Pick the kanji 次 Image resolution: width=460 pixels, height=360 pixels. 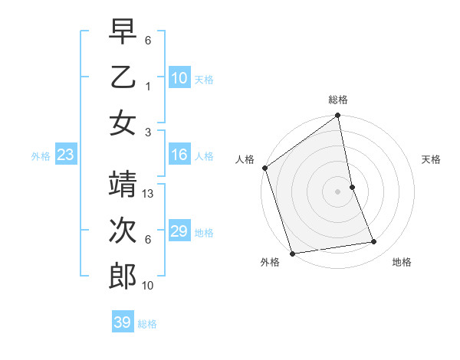(122, 231)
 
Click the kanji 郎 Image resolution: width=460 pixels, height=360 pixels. (122, 277)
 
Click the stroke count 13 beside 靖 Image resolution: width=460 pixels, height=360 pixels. (149, 194)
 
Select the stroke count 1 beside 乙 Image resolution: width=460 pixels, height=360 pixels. (148, 86)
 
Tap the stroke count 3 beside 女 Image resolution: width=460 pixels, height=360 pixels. (148, 132)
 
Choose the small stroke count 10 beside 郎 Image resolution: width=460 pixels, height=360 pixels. (149, 286)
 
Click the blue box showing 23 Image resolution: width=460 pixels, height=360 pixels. (65, 155)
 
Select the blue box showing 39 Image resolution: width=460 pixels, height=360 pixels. (122, 322)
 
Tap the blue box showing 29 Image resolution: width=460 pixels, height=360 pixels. (179, 232)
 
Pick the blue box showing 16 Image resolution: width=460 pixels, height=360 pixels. (179, 155)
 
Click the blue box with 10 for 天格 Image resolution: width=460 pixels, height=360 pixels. (179, 78)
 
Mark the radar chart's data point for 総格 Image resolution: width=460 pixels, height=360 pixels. (337, 116)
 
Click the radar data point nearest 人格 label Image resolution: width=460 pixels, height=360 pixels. (265, 168)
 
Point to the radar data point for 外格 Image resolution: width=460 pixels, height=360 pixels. (292, 254)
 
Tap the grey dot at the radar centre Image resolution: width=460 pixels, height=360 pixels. (337, 191)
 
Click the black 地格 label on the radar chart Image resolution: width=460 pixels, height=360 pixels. (402, 263)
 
